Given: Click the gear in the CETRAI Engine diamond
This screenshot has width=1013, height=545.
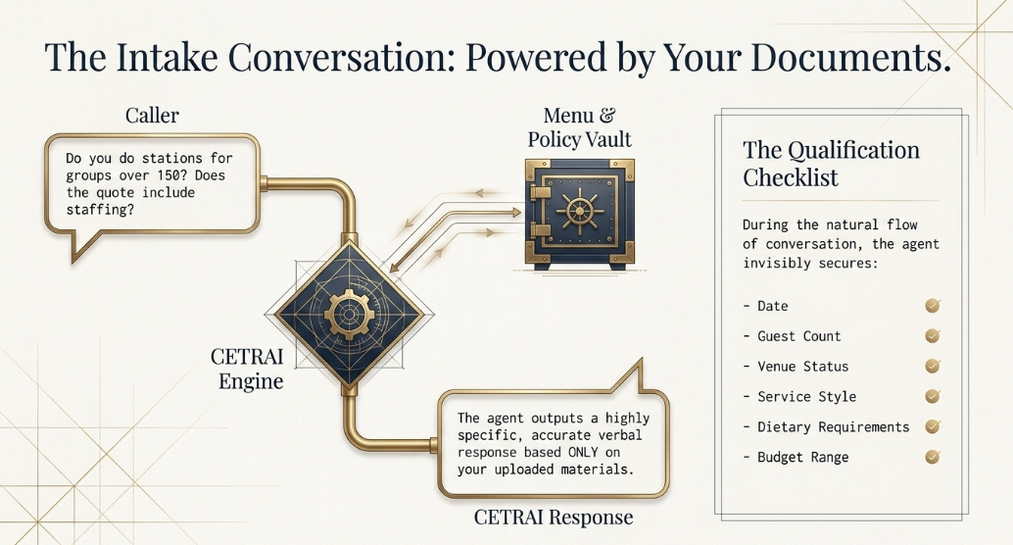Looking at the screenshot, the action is [349, 315].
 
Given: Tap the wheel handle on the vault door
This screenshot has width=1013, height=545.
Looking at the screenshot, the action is [580, 212].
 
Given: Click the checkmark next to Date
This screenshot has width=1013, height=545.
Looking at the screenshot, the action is [933, 305].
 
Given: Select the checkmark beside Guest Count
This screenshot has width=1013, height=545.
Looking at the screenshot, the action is [933, 335].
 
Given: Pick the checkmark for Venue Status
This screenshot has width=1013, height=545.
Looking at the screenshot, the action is [933, 366].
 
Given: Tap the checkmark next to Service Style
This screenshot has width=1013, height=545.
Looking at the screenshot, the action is [933, 396].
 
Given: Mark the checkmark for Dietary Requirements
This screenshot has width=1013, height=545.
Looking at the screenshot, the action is [933, 426].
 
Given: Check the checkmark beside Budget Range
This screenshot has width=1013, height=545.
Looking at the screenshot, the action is [933, 457].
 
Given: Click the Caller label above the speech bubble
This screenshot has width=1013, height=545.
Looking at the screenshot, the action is [152, 115].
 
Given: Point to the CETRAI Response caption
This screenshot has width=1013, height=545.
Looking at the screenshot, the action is [553, 518].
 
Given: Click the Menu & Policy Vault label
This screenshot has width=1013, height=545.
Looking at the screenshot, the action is [580, 127].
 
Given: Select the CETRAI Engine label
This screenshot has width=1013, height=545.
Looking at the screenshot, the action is [248, 369].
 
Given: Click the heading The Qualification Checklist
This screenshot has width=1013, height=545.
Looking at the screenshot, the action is [831, 163].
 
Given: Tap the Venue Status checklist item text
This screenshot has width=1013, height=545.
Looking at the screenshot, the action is [803, 366].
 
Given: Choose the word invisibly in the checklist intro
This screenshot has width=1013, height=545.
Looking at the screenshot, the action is [772, 263].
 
